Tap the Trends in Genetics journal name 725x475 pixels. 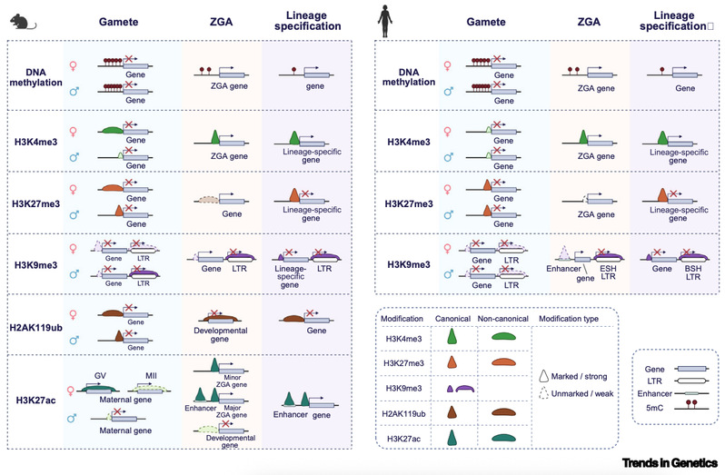click(x=667, y=461)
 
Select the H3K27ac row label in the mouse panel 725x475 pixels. click(x=35, y=400)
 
